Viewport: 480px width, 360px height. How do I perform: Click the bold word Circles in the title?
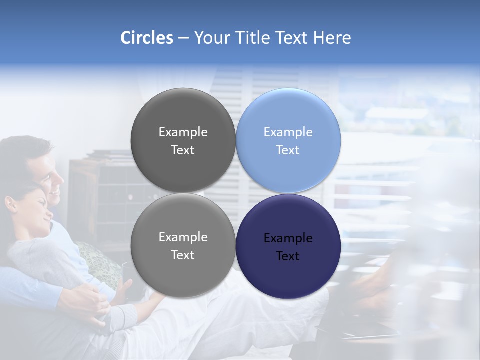point(146,38)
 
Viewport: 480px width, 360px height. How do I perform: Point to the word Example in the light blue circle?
point(288,132)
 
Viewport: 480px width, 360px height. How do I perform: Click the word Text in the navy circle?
point(288,256)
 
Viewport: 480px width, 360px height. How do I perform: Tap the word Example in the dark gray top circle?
point(183,132)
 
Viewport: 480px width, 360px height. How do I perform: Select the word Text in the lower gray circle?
point(183,255)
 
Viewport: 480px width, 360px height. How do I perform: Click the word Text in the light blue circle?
point(288,150)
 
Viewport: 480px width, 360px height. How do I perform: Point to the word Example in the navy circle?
point(288,238)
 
